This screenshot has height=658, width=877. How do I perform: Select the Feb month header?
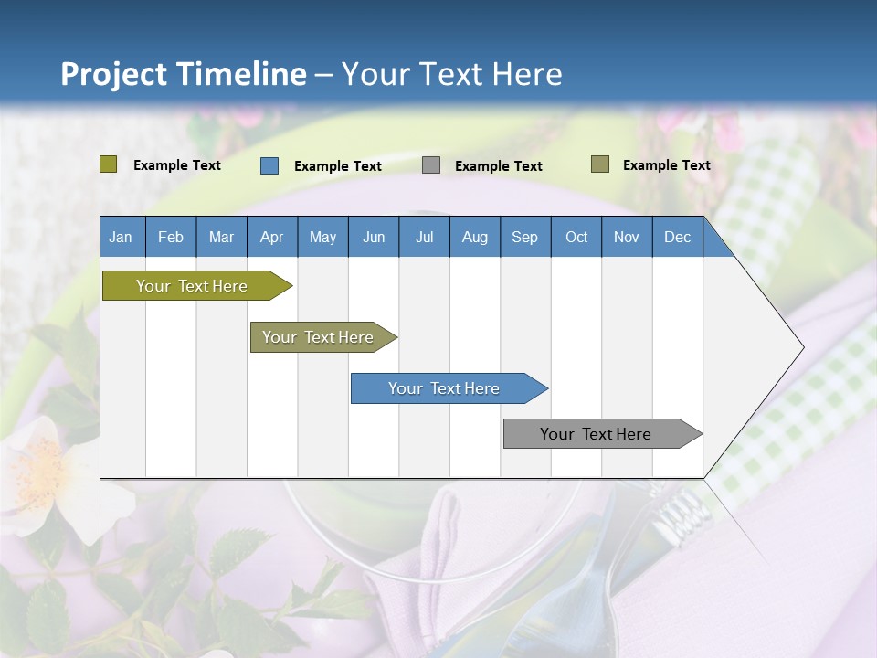[x=171, y=237]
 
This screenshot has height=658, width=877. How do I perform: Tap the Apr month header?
[x=272, y=237]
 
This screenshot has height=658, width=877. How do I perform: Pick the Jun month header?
[x=374, y=237]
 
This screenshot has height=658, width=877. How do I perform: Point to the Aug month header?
[x=475, y=237]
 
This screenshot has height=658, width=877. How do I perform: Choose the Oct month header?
[x=576, y=237]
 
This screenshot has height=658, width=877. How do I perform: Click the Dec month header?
[x=677, y=237]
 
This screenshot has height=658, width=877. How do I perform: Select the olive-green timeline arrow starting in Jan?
[x=197, y=285]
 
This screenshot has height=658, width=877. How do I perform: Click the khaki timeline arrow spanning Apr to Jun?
[x=323, y=337]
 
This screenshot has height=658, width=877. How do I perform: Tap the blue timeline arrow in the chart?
[x=449, y=388]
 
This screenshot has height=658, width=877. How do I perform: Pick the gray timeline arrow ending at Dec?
[x=603, y=433]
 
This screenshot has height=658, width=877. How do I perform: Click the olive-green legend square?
[x=108, y=164]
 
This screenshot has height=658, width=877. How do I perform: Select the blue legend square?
[x=269, y=165]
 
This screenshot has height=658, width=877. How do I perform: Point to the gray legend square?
[x=430, y=165]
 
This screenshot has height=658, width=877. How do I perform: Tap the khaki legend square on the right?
[x=600, y=164]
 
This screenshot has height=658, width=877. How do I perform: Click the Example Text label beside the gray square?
[x=499, y=166]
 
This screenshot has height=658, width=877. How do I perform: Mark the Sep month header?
[x=525, y=237]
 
